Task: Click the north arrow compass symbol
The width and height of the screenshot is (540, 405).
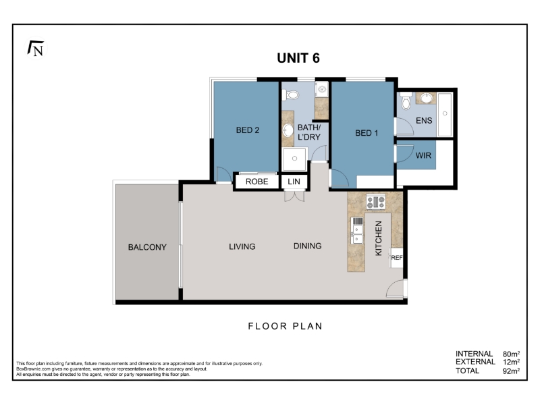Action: coord(36,49)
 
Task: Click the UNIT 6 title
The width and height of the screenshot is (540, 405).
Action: coord(298,58)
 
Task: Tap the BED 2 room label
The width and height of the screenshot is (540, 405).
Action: coord(247,130)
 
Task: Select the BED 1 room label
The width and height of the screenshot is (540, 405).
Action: coord(367,133)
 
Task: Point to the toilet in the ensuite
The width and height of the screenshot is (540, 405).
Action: coord(406,100)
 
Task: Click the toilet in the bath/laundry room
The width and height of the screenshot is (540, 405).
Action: coord(290,94)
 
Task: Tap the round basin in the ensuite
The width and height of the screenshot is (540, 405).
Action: coord(426,98)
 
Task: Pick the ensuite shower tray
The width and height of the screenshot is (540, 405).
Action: coord(445,114)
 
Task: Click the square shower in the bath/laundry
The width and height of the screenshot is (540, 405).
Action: coord(294,159)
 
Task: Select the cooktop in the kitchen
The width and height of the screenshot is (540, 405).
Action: coord(376,202)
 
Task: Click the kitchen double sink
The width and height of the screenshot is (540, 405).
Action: coord(357,230)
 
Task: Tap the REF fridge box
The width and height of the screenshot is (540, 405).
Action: coord(396,258)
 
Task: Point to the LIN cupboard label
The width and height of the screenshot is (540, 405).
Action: coord(294,182)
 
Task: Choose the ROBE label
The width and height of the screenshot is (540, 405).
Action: coord(256,182)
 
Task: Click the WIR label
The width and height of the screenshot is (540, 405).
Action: coord(423,156)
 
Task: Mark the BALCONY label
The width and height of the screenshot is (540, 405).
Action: coord(147,247)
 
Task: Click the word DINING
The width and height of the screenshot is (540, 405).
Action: coord(307,246)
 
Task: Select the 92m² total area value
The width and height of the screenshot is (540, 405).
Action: coord(511,371)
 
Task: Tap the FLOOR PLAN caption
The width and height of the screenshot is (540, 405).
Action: coord(285,326)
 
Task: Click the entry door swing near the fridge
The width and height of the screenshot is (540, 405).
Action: coord(395,288)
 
